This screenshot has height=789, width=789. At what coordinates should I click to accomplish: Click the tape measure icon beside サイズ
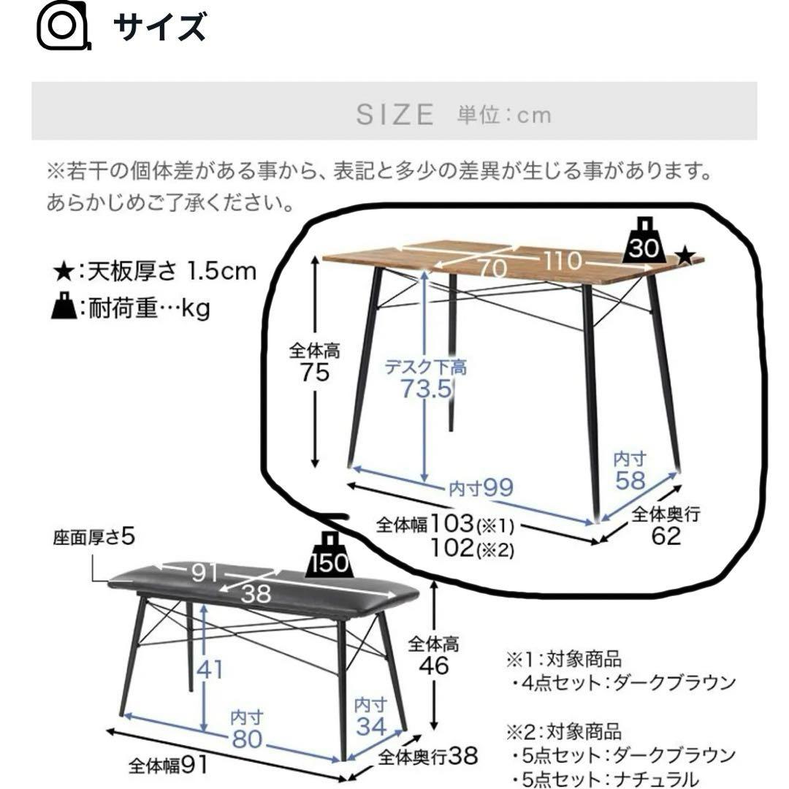pyautogui.click(x=63, y=27)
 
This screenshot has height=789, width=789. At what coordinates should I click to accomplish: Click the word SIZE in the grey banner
pyautogui.click(x=395, y=115)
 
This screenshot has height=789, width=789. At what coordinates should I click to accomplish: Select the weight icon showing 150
pyautogui.click(x=333, y=554)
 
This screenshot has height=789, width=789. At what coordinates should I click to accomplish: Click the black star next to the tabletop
pyautogui.click(x=685, y=256)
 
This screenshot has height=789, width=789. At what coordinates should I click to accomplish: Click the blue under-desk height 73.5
pyautogui.click(x=426, y=389)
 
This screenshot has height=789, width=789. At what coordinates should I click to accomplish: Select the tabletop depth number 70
pyautogui.click(x=493, y=269)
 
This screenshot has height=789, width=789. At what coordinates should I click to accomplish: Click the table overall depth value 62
pyautogui.click(x=667, y=536)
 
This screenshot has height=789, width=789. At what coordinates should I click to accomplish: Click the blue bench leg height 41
pyautogui.click(x=209, y=668)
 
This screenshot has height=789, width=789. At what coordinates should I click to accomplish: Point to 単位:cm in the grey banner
pyautogui.click(x=504, y=115)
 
